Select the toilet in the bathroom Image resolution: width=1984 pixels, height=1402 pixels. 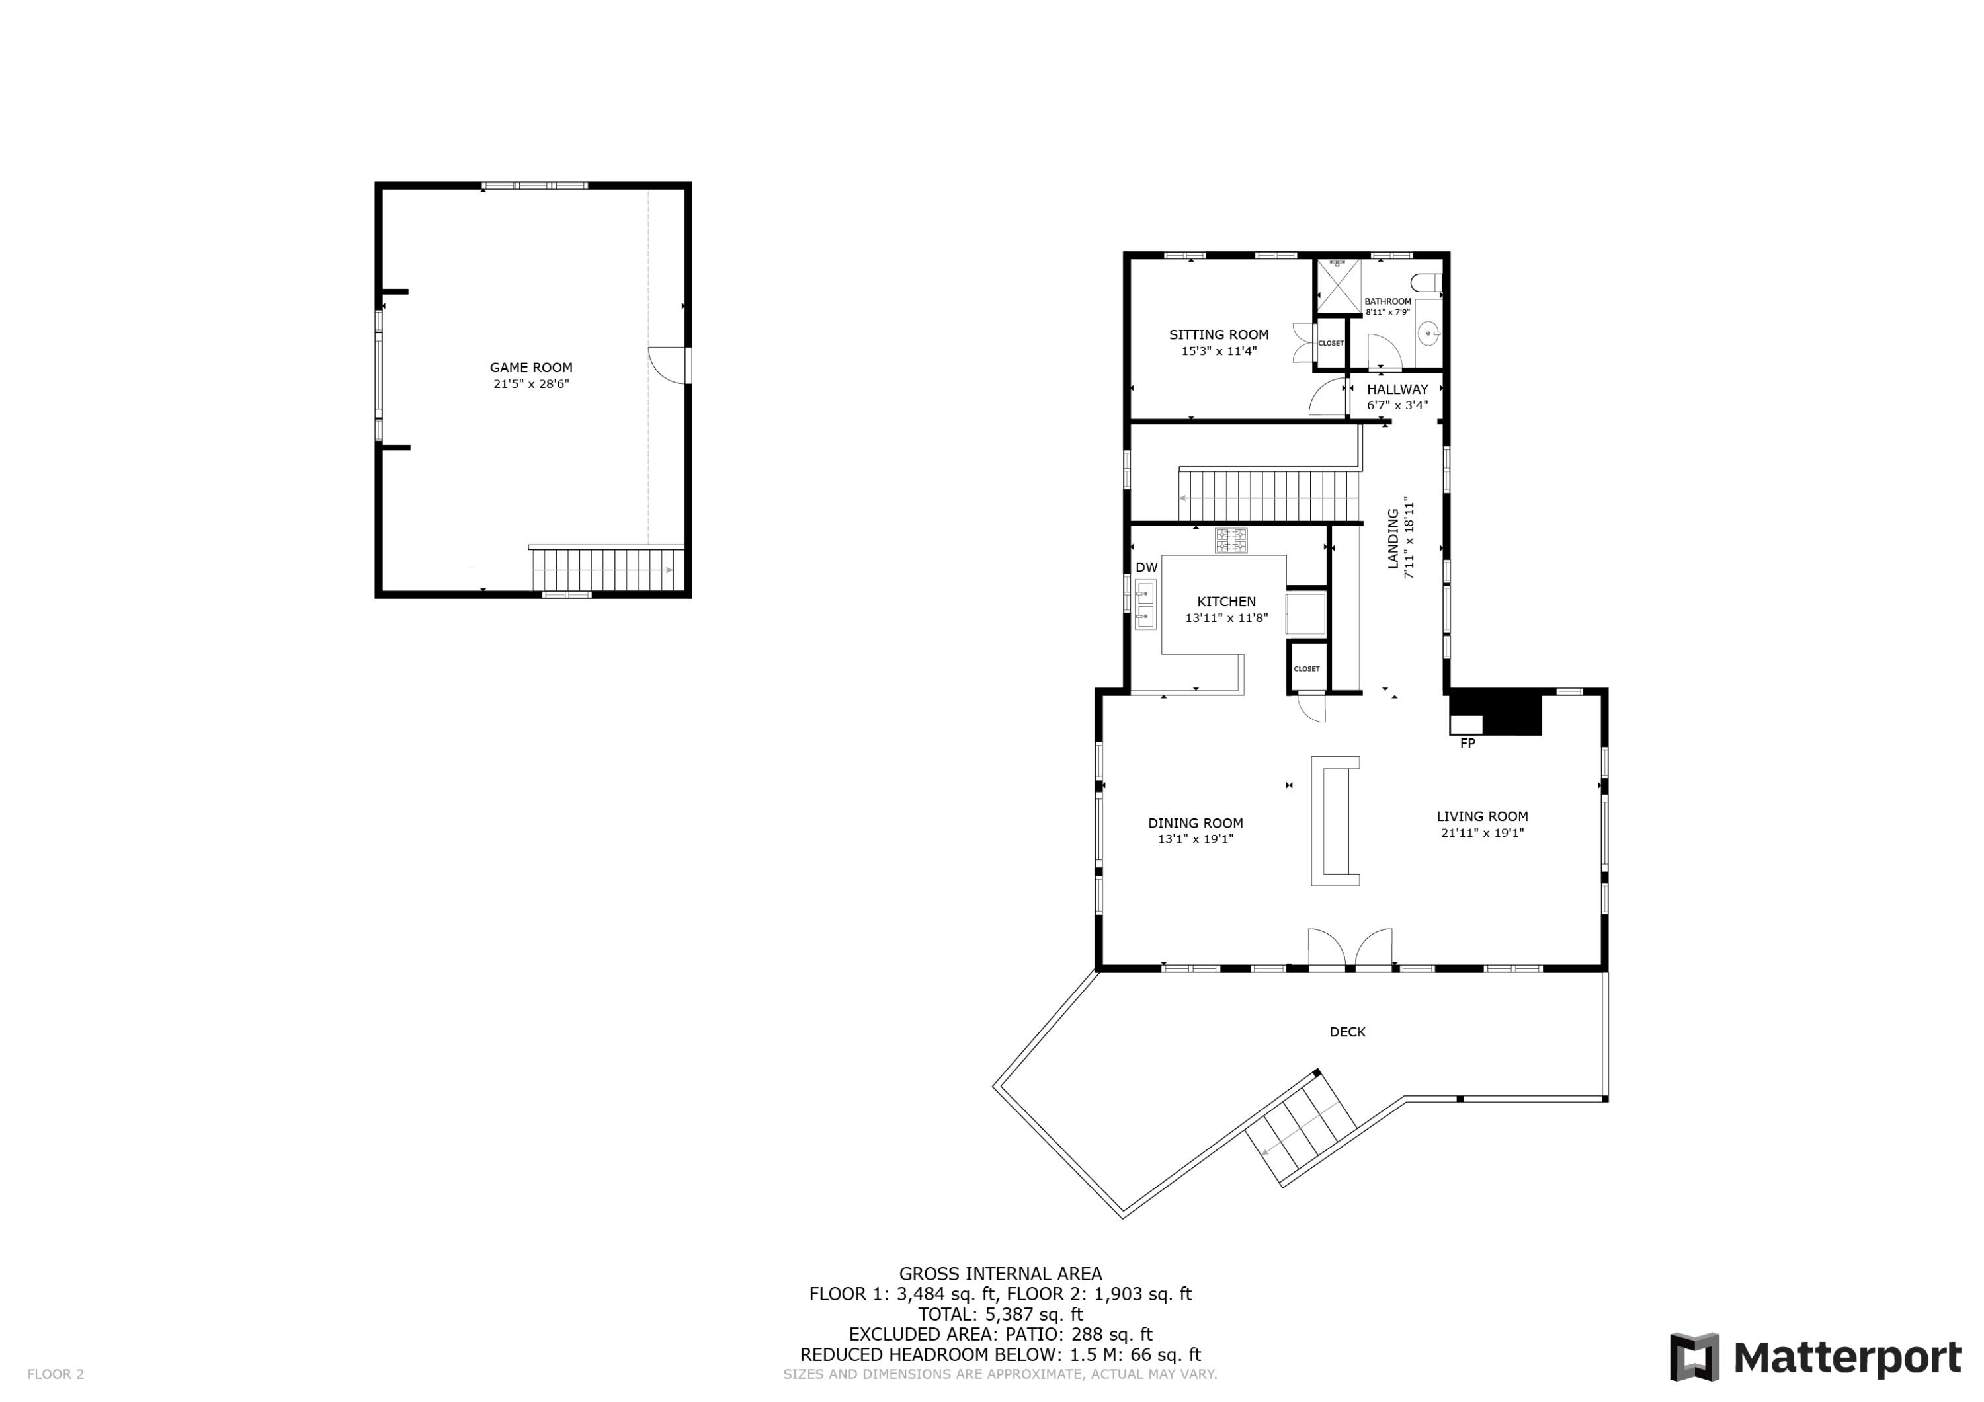pos(1426,282)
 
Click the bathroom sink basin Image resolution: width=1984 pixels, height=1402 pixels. pos(1430,332)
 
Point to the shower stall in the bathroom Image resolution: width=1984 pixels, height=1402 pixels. pos(1339,285)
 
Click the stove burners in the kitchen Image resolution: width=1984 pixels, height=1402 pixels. pos(1231,541)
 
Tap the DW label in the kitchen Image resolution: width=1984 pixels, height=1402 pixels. pos(1146,568)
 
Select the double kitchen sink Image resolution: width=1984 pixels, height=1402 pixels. pos(1147,605)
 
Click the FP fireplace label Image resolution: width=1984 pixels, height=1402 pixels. pos(1467,743)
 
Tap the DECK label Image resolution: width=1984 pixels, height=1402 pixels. pos(1347,1031)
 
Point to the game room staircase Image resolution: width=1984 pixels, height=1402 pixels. pos(605,570)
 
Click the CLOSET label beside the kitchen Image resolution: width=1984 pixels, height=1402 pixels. pos(1307,668)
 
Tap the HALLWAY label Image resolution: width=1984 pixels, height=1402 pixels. pos(1397,389)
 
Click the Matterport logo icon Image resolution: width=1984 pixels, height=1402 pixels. pos(1694,1357)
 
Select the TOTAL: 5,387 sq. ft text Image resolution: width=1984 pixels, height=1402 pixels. pos(1000,1315)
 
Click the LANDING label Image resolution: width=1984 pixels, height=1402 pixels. pos(1393,538)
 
